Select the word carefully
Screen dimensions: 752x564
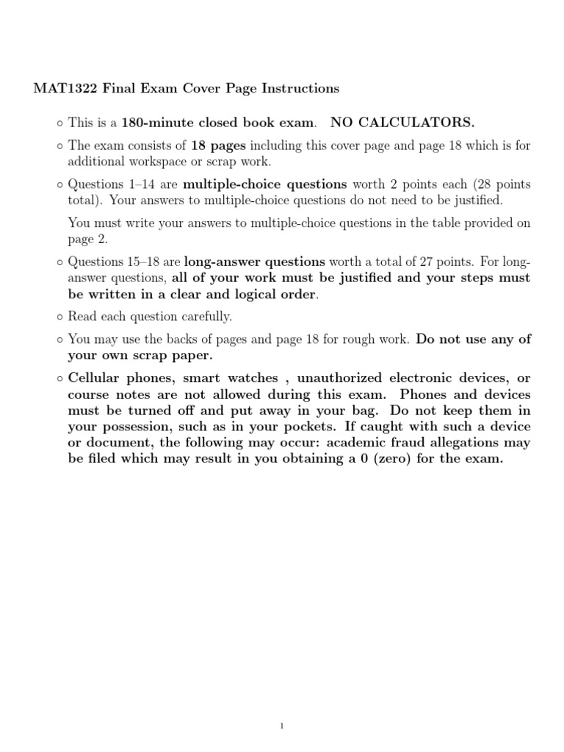click(208, 317)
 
